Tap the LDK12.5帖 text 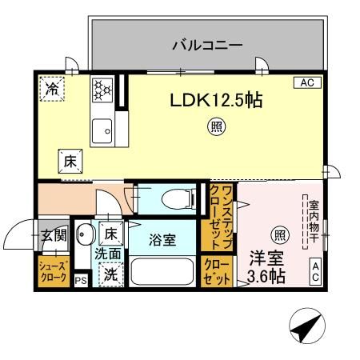(x=215, y=102)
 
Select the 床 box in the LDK (x=70, y=160)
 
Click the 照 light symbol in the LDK (x=215, y=125)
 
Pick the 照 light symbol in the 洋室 (x=279, y=234)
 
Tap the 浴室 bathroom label (x=164, y=239)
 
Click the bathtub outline (x=163, y=273)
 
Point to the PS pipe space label (x=81, y=281)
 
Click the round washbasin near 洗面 (x=86, y=235)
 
